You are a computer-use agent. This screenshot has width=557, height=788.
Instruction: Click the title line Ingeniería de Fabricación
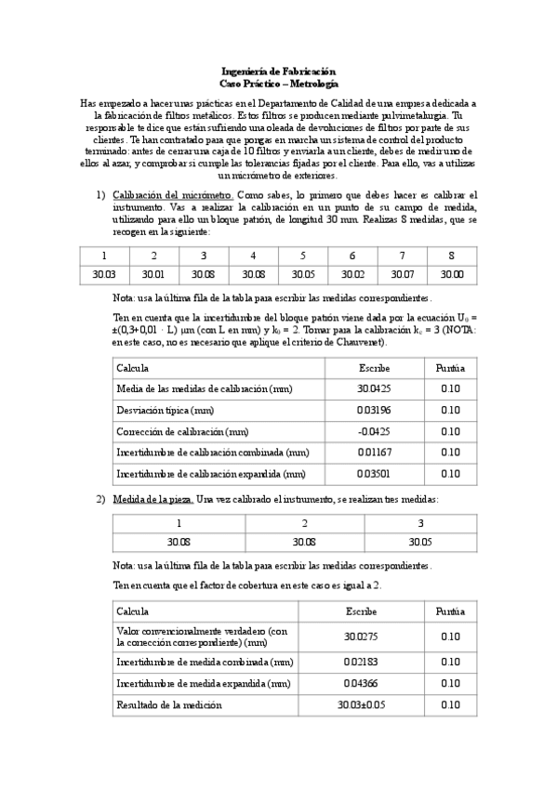pyautogui.click(x=278, y=72)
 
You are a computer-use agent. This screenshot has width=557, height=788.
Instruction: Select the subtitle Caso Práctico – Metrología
pyautogui.click(x=278, y=83)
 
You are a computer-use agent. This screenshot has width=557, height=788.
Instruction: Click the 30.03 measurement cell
pyautogui.click(x=104, y=275)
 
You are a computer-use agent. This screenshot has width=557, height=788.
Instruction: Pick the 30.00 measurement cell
pyautogui.click(x=452, y=275)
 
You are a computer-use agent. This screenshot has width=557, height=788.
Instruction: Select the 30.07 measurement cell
pyautogui.click(x=403, y=275)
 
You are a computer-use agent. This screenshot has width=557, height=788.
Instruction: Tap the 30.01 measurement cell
pyautogui.click(x=153, y=275)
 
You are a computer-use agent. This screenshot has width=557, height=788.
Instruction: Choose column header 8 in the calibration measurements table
pyautogui.click(x=452, y=256)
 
